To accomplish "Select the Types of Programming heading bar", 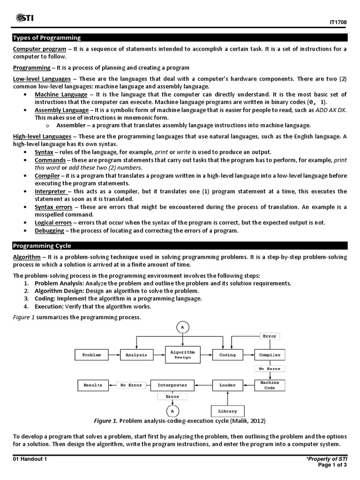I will click(x=180, y=38).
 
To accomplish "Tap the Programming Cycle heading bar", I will click(x=180, y=246).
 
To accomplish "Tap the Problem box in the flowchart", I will click(x=91, y=355).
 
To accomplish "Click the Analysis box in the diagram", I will click(x=136, y=355).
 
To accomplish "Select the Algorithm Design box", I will click(x=183, y=354).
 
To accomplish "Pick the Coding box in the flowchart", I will click(x=227, y=355).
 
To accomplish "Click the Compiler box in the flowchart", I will click(x=270, y=355).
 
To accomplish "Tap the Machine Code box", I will click(x=270, y=385).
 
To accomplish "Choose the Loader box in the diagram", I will click(x=227, y=385).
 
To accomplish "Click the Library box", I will click(x=227, y=411).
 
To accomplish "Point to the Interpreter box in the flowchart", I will click(x=172, y=385).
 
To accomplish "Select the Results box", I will click(x=93, y=385).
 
